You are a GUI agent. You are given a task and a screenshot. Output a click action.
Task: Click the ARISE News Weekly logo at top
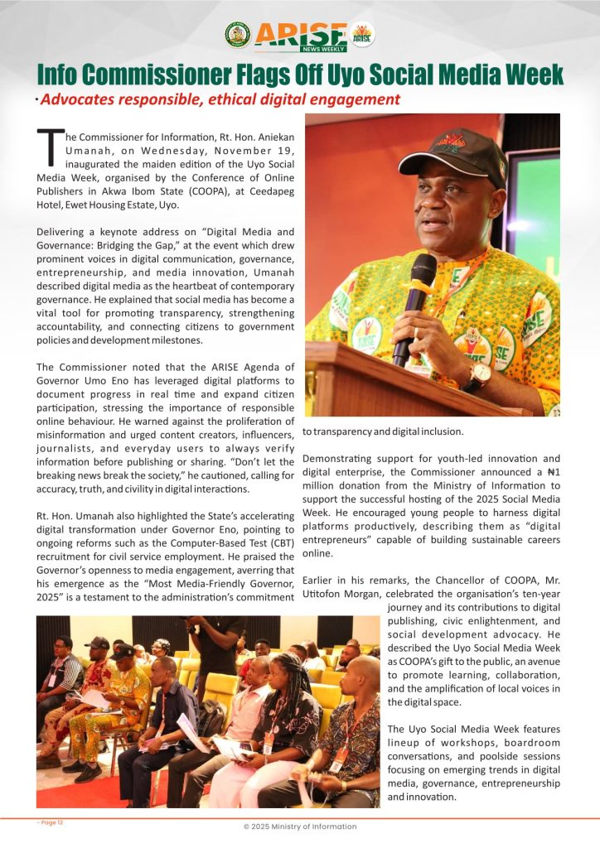coord(300,36)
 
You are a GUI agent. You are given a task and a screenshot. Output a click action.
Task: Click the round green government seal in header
coord(238,35)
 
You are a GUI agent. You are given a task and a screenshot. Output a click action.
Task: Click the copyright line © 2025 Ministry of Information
coord(299,826)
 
